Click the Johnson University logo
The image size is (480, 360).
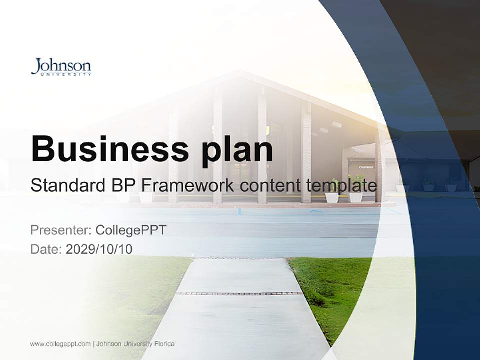(61, 67)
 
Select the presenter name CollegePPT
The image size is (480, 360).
(131, 230)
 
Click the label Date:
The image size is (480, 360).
(46, 249)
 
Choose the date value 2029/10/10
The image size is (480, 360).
(99, 249)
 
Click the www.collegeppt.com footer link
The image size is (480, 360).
(60, 344)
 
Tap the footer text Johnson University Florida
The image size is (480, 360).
(135, 344)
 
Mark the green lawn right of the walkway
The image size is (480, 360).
(330, 290)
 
